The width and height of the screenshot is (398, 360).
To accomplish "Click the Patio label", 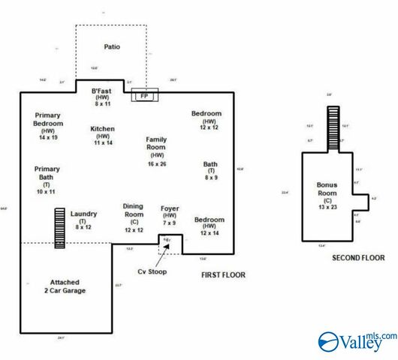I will tap(111, 46).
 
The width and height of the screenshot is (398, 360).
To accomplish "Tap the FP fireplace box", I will tap(143, 96).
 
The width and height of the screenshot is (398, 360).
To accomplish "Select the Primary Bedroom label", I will tap(47, 127).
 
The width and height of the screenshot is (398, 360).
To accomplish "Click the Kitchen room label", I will tap(102, 135).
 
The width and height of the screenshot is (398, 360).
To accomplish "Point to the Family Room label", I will tap(156, 151).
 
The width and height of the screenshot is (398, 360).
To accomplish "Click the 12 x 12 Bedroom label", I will tap(208, 121).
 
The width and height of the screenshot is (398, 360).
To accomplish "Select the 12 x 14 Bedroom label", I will tap(210, 226).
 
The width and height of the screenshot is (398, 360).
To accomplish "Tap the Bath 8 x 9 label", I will tap(210, 171).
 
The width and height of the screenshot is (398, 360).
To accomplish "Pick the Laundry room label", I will tap(83, 220).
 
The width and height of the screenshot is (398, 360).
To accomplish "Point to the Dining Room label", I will tap(134, 217).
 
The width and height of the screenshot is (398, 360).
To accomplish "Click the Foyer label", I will tap(170, 214).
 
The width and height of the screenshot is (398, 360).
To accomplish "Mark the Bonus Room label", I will tap(327, 193).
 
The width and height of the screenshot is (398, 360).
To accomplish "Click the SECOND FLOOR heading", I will tap(357, 258).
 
